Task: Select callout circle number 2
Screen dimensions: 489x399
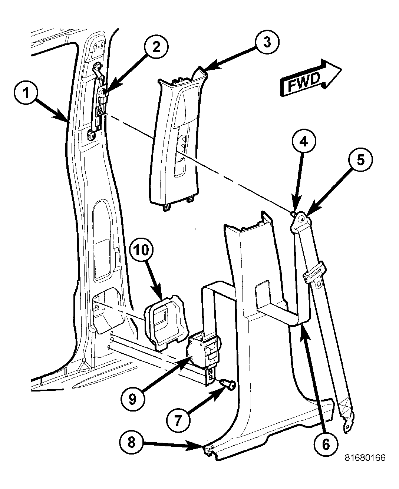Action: (155, 47)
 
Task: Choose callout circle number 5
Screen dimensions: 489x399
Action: (360, 160)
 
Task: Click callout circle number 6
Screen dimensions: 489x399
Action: (326, 444)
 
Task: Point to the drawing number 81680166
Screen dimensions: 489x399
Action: (365, 458)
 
